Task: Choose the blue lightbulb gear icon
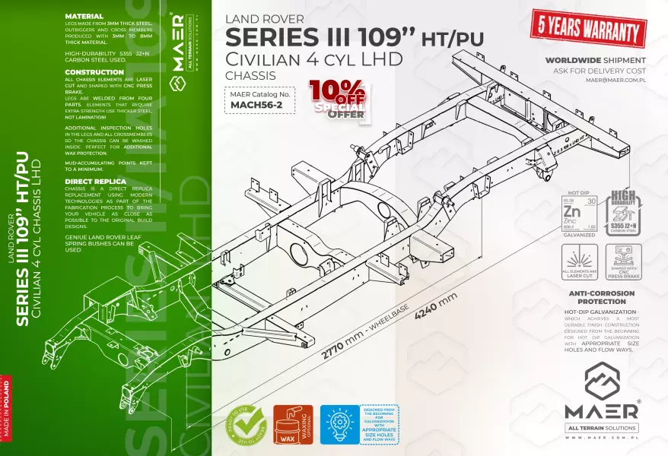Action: pyautogui.click(x=339, y=425)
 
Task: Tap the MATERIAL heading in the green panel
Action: pyautogui.click(x=84, y=15)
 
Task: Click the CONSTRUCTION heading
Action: pyautogui.click(x=95, y=72)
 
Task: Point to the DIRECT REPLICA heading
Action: pyautogui.click(x=95, y=182)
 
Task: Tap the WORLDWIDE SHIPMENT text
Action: pyautogui.click(x=596, y=60)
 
